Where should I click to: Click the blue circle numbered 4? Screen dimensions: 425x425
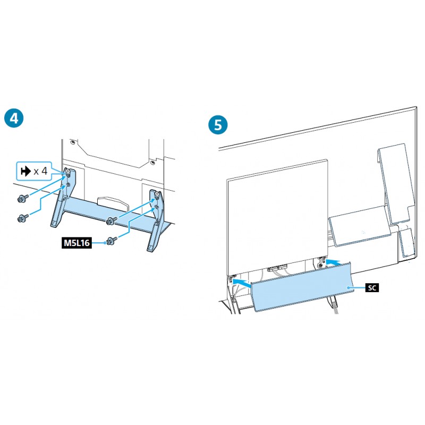point(14,118)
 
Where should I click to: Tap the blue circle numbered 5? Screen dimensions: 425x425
point(218,125)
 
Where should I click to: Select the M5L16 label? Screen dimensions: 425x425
point(76,243)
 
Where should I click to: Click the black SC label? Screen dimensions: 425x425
point(372,287)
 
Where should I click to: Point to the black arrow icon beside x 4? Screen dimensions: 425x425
point(25,171)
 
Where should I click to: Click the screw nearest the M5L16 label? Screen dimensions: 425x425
point(112,241)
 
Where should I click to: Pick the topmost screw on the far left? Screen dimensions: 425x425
point(23,199)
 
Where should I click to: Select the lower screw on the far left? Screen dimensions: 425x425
point(23,218)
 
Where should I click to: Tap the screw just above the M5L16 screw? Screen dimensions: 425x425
point(112,220)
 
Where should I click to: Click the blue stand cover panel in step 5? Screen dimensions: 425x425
point(302,287)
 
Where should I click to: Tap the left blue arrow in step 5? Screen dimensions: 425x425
point(242,282)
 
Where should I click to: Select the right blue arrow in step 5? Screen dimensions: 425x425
point(333,262)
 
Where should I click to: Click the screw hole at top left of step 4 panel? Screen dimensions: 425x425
point(72,142)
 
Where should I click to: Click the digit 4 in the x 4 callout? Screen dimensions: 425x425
point(44,171)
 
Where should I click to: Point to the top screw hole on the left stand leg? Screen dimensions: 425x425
point(67,172)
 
